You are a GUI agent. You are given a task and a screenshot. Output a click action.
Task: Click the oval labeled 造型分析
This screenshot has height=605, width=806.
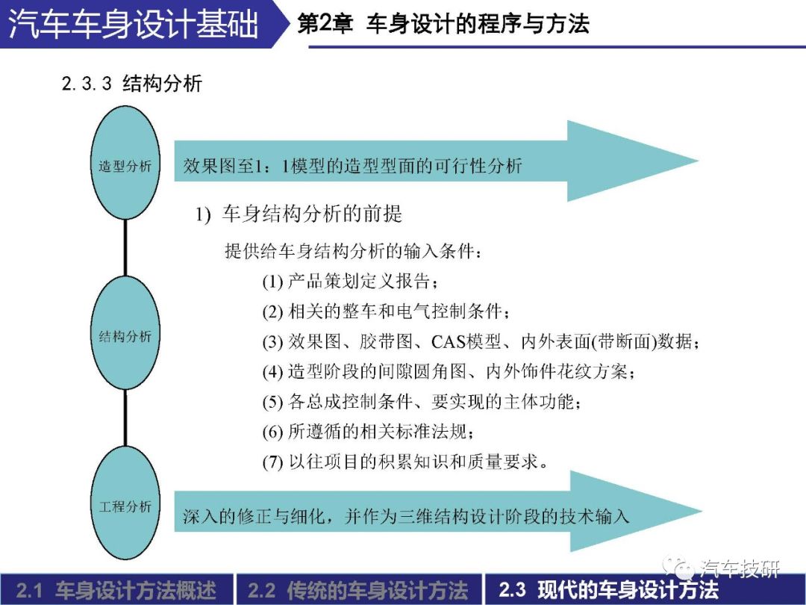pyautogui.click(x=125, y=163)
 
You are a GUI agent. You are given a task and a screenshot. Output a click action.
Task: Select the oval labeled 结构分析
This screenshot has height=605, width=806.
pyautogui.click(x=125, y=333)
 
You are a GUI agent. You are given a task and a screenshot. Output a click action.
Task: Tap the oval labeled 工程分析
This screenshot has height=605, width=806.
pyautogui.click(x=125, y=503)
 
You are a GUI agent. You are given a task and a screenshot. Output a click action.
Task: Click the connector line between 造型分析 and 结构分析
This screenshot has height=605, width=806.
pyautogui.click(x=125, y=248)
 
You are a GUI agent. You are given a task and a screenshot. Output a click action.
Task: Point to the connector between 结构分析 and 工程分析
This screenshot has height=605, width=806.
pyautogui.click(x=125, y=418)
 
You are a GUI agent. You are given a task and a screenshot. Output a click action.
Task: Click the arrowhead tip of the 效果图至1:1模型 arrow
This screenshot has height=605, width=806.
pyautogui.click(x=698, y=161)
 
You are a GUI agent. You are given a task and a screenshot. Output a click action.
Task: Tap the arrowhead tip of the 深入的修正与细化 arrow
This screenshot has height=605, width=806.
pyautogui.click(x=702, y=511)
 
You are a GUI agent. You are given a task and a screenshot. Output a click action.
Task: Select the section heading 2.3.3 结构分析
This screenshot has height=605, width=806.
pyautogui.click(x=131, y=84)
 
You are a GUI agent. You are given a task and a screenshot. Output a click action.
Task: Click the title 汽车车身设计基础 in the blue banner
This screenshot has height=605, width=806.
pyautogui.click(x=134, y=24)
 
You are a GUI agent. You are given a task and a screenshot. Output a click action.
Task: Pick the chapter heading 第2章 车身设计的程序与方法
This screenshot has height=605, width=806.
pyautogui.click(x=443, y=24)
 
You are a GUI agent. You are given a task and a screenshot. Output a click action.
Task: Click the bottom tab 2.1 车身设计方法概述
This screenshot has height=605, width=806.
pyautogui.click(x=116, y=590)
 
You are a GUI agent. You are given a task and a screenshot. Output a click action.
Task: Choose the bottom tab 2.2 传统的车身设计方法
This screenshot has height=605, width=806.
pyautogui.click(x=358, y=590)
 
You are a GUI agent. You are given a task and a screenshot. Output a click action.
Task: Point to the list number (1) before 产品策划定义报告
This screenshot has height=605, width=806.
pyautogui.click(x=272, y=282)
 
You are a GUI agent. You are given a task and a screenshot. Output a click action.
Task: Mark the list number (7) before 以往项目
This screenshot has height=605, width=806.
pyautogui.click(x=272, y=462)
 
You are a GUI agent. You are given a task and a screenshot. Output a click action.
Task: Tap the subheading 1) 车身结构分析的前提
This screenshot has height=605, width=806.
pyautogui.click(x=298, y=214)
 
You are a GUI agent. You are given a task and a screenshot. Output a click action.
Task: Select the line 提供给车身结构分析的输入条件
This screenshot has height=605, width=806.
pyautogui.click(x=354, y=251)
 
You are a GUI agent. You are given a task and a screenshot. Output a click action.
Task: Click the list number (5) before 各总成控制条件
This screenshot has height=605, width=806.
pyautogui.click(x=272, y=402)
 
